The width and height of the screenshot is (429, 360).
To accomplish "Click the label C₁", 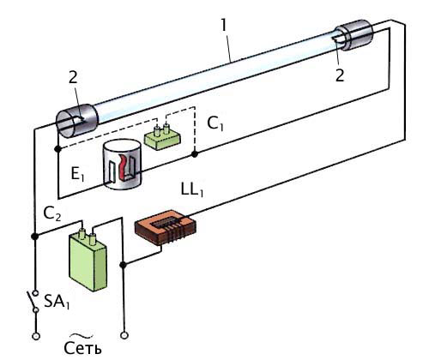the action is (x=215, y=123).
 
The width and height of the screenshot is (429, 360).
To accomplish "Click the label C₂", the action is (x=52, y=213).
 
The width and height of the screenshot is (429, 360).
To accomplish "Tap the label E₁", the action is (x=77, y=174).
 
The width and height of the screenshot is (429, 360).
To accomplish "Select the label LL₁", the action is (x=192, y=189).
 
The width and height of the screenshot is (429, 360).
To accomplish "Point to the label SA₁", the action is (x=57, y=302).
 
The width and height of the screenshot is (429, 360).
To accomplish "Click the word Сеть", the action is (x=82, y=348).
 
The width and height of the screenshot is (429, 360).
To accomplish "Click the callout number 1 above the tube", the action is (x=224, y=25).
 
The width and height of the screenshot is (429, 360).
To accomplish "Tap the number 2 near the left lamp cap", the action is (x=73, y=76).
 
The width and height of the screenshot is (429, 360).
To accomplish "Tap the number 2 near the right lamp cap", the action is (x=340, y=75).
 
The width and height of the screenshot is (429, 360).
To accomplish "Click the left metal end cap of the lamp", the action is (x=76, y=121).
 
